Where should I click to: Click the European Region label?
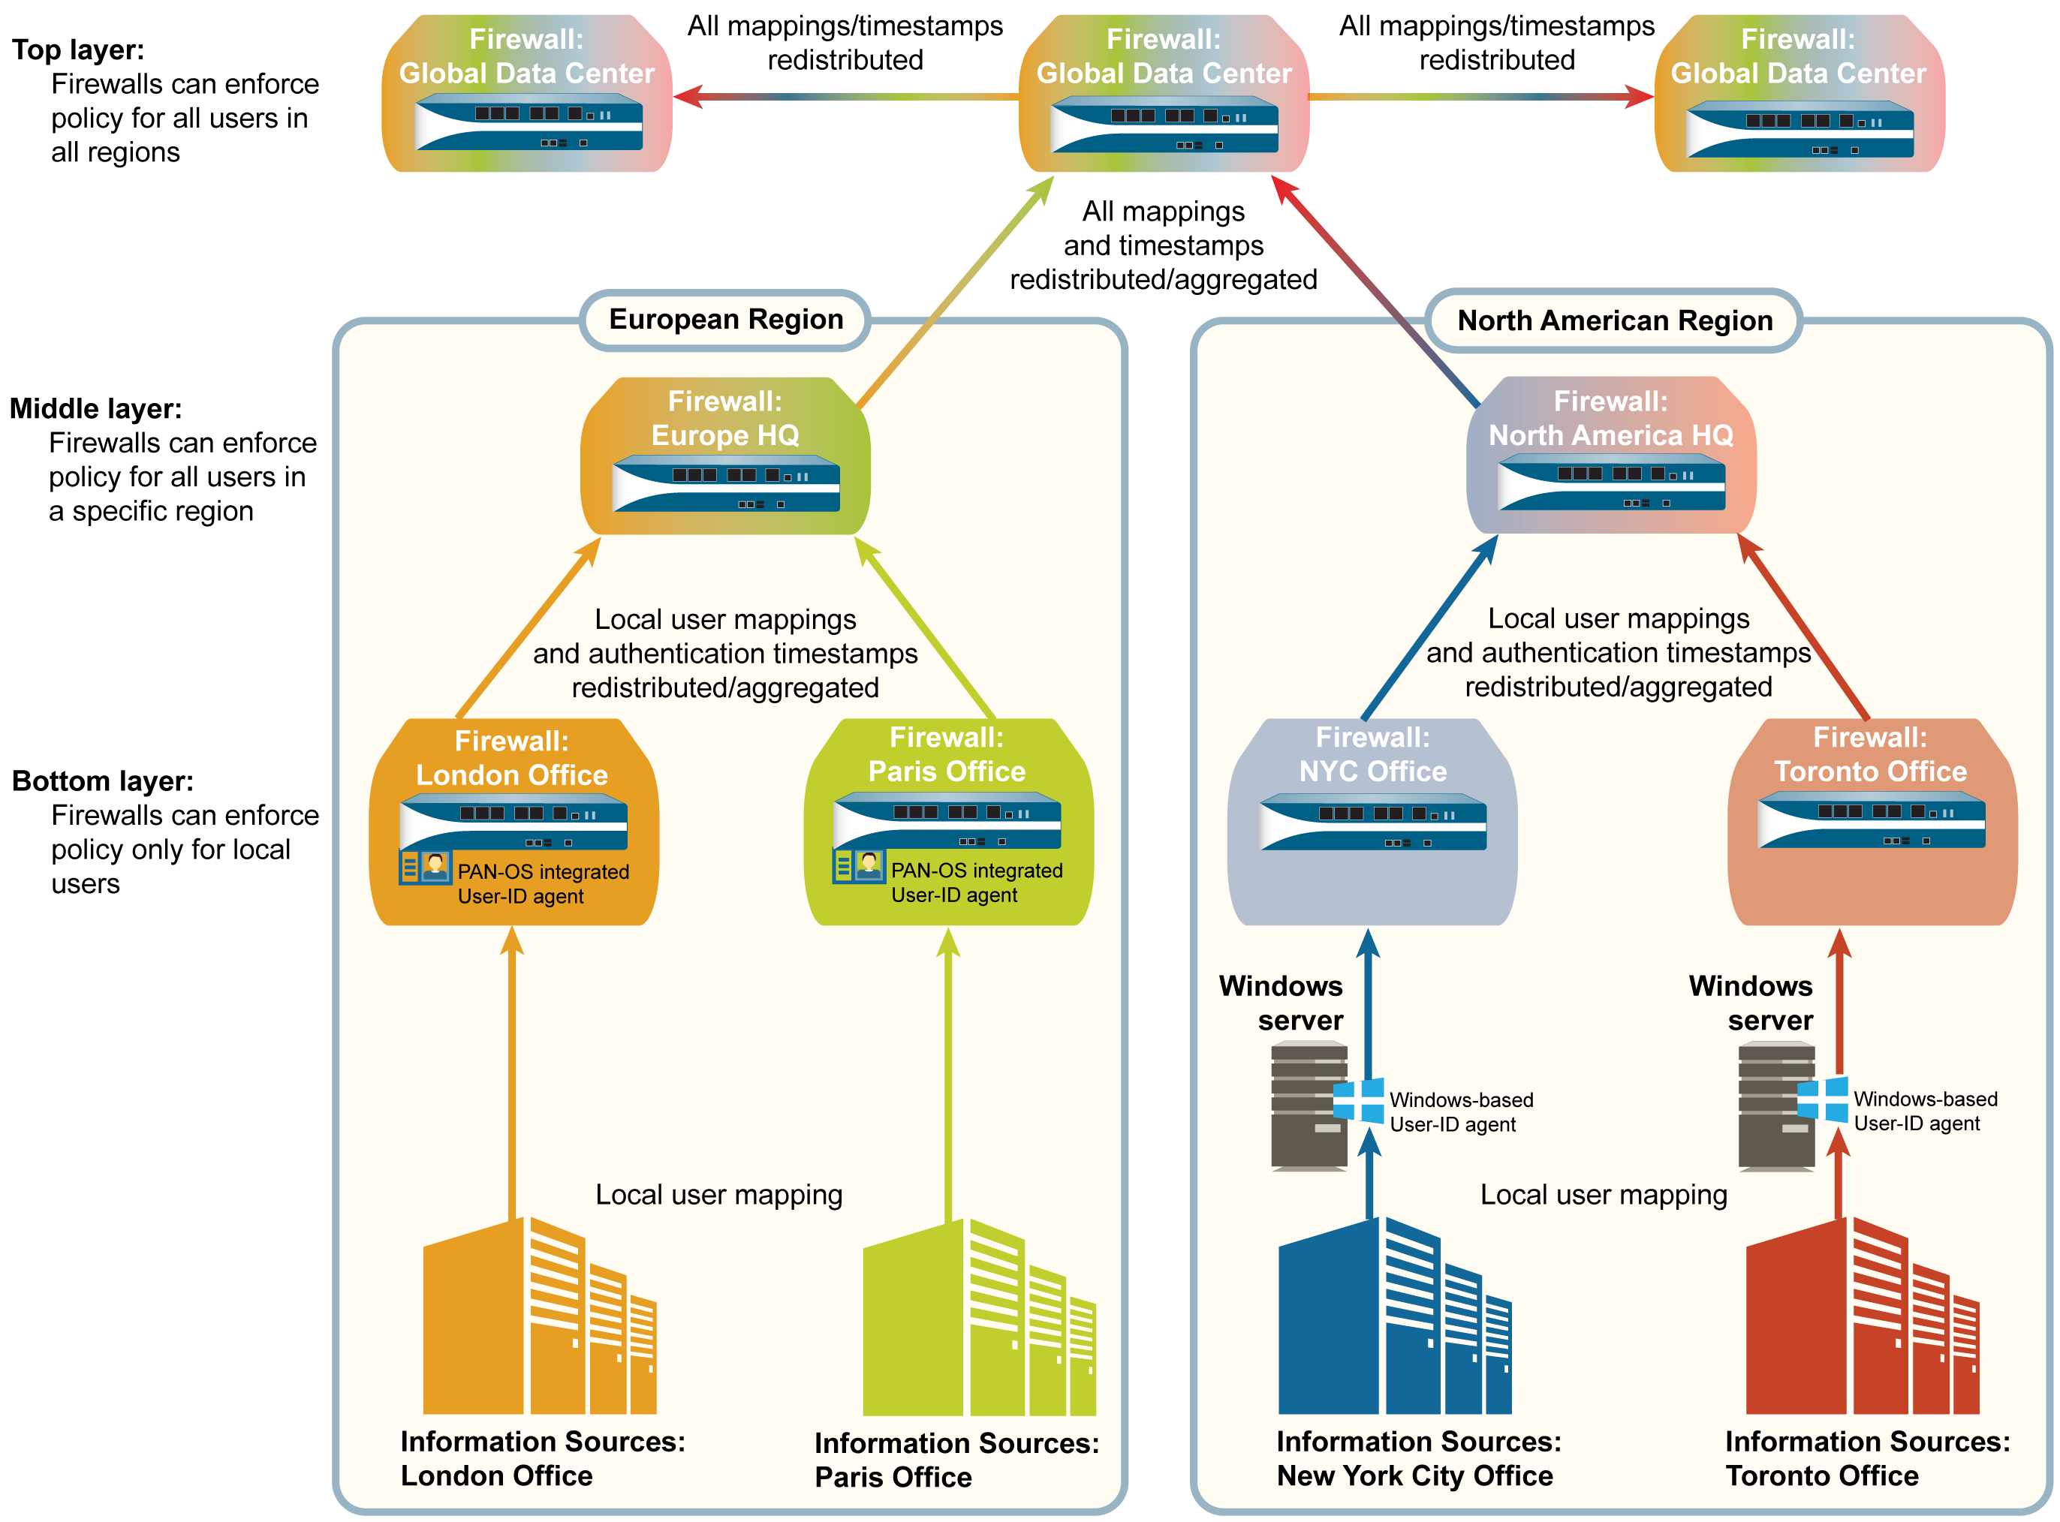click(725, 320)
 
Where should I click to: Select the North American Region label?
click(1614, 320)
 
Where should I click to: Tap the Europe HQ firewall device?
click(725, 483)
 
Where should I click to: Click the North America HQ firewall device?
click(1610, 483)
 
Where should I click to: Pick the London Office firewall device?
click(513, 825)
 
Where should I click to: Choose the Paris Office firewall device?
click(947, 821)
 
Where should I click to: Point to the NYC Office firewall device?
click(1372, 823)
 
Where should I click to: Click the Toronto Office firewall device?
click(1871, 821)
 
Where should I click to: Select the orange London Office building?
click(539, 1317)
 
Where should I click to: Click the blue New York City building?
click(1395, 1317)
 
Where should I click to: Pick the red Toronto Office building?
click(1862, 1317)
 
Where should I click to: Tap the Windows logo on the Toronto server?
click(1822, 1099)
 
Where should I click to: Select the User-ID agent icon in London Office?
click(425, 867)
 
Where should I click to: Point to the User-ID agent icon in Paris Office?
click(858, 866)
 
